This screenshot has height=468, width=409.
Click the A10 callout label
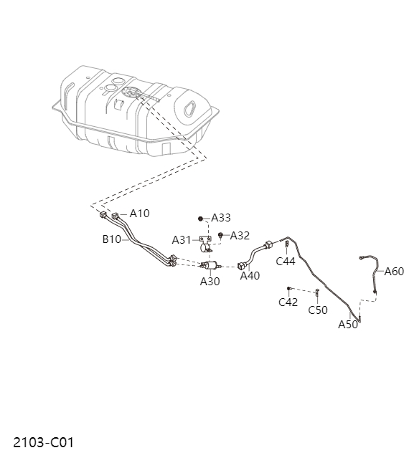tap(139, 214)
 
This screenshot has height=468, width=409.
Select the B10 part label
tap(111, 239)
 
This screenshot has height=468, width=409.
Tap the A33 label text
tap(221, 218)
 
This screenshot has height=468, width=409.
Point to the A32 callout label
tap(240, 235)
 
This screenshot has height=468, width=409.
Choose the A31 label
tap(182, 239)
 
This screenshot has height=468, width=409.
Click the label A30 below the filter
tap(210, 282)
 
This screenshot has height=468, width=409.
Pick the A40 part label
tap(250, 276)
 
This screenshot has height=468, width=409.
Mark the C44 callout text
tap(286, 262)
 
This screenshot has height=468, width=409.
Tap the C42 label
tap(288, 302)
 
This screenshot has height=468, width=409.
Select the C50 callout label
tap(318, 310)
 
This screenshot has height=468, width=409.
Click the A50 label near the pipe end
tap(348, 325)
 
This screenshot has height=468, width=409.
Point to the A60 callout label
tap(394, 271)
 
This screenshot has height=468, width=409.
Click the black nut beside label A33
tap(202, 218)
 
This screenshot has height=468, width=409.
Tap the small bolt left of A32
tap(221, 235)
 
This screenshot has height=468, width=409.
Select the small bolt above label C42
tap(288, 288)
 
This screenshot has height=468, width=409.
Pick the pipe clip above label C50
tap(317, 292)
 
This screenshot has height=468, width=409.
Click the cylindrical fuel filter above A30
tap(211, 266)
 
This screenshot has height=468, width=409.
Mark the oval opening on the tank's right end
tap(192, 108)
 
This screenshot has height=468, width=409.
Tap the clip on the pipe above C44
tap(286, 245)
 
